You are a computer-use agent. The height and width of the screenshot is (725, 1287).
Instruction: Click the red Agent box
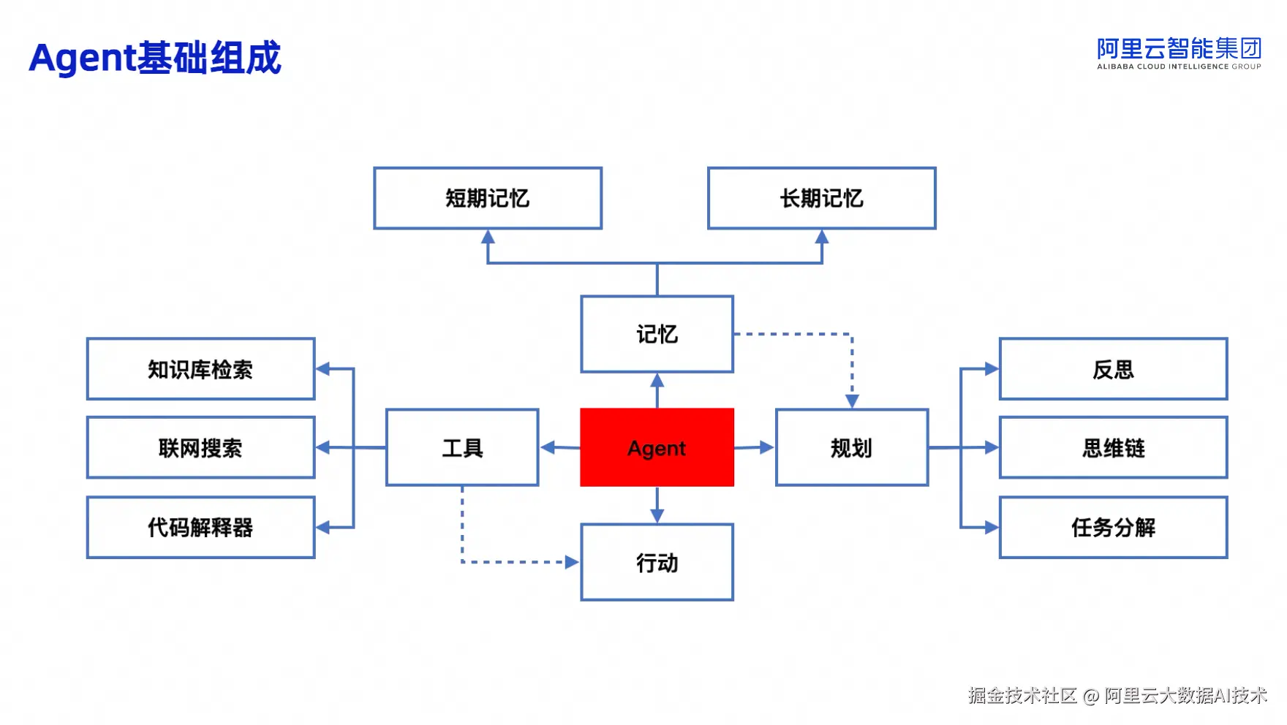657,447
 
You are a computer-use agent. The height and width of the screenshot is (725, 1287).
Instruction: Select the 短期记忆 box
488,198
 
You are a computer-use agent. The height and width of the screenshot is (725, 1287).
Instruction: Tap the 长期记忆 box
821,198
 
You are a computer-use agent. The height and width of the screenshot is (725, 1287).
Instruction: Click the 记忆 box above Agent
657,334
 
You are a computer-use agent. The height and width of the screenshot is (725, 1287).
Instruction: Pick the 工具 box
462,447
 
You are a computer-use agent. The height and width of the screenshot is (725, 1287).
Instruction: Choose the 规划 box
852,447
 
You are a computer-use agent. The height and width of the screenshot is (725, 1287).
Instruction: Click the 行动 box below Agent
657,562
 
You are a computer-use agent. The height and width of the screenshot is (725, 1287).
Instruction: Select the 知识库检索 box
200,369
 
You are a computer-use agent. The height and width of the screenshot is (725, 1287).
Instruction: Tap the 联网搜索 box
200,447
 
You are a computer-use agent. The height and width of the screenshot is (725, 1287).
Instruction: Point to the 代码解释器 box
200,527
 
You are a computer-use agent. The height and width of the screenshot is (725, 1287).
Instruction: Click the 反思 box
1113,369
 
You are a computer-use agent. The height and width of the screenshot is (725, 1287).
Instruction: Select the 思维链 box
1113,447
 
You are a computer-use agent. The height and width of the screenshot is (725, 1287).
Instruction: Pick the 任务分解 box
1113,527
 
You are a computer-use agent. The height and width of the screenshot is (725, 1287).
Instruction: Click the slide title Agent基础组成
155,58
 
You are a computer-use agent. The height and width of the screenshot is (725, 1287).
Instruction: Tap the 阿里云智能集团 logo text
1179,49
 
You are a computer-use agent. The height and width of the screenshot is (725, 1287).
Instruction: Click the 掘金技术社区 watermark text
1022,695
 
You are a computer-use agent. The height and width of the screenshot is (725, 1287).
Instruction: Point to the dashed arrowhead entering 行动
573,562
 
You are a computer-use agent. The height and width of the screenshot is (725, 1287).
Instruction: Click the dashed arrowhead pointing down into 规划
852,401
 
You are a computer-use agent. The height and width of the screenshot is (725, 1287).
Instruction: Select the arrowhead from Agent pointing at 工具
548,447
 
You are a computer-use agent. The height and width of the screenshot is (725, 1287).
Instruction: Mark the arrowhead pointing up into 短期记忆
488,237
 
